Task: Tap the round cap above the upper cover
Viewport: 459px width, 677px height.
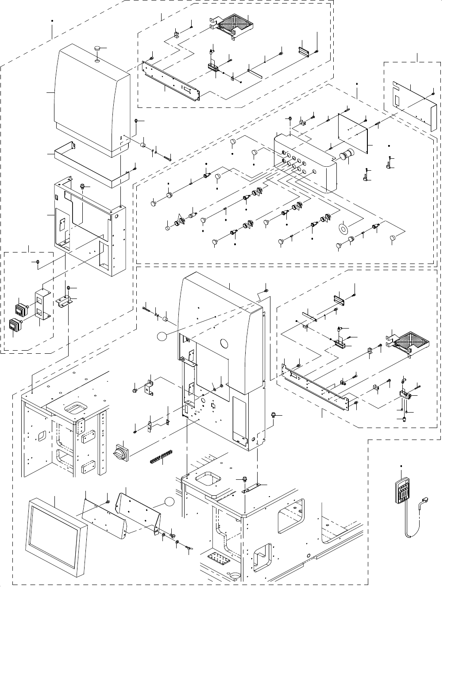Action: [97, 49]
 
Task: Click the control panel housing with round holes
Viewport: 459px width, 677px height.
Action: [305, 164]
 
